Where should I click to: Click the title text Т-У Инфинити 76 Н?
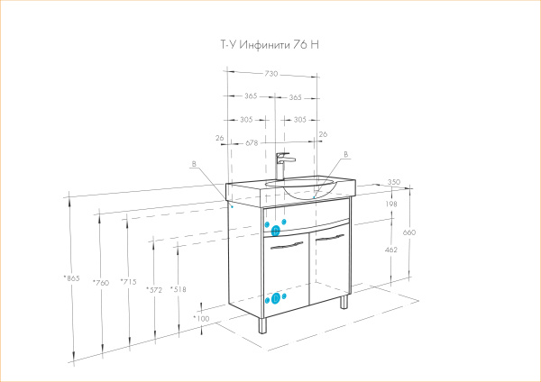coord(270,45)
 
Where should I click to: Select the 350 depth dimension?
coord(393,183)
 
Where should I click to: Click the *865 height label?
coord(71,277)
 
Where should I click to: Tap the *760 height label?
coord(100,283)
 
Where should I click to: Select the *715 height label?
coord(129,283)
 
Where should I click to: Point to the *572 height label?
coord(155,289)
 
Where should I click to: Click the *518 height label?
coord(179,289)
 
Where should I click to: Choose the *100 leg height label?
coord(201,318)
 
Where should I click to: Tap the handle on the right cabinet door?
coord(331,238)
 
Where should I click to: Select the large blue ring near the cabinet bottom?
coord(276,297)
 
